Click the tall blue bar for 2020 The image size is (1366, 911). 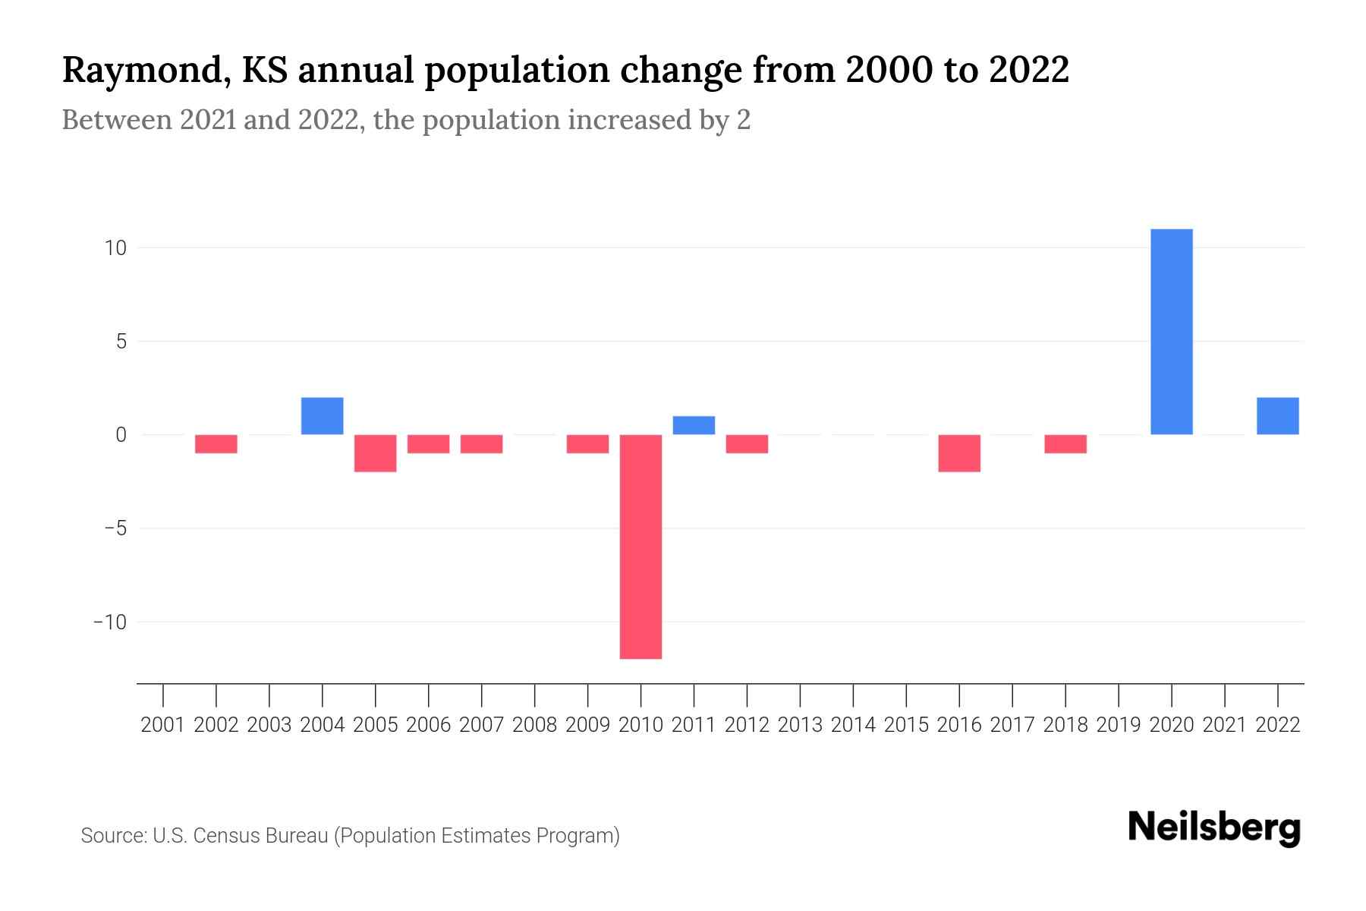(1171, 332)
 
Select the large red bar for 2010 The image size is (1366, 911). (641, 547)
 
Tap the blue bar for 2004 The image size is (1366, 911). (322, 416)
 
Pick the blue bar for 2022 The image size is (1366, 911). (1277, 416)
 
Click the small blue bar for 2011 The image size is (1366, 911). (694, 425)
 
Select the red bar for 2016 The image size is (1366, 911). (959, 453)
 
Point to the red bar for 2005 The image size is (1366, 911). (375, 453)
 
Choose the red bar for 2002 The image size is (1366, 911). (216, 444)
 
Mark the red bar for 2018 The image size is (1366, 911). (1065, 444)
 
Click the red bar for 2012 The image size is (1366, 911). (747, 444)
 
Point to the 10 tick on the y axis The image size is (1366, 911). (115, 248)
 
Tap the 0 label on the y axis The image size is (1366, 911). (121, 435)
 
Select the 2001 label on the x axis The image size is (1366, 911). (163, 725)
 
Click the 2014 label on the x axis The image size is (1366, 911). (853, 725)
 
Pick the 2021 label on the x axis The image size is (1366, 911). (1224, 725)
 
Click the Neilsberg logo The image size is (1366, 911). (1214, 828)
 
